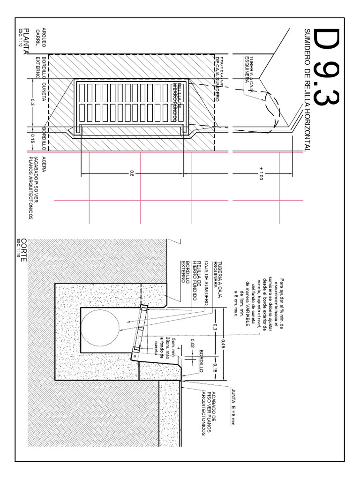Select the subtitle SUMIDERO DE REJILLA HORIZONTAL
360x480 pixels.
point(307,90)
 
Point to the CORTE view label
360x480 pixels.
point(24,251)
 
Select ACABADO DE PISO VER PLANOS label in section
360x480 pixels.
point(208,412)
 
